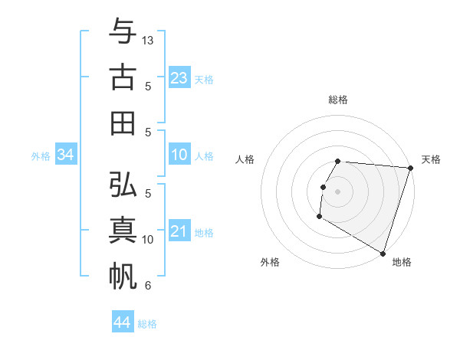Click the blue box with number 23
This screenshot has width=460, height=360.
point(179,77)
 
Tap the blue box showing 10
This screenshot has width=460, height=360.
point(179,155)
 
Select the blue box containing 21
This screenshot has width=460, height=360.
point(179,232)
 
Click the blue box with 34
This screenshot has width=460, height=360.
point(66,155)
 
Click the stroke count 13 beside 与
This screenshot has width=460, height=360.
point(148,39)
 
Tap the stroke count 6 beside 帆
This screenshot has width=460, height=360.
point(148,286)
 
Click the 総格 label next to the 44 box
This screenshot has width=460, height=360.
point(147,324)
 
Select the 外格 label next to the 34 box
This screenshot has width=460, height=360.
point(41,156)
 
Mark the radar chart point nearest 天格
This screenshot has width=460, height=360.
point(410,168)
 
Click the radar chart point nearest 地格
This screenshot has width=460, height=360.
point(383,253)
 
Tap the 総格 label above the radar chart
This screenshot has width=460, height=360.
point(337,100)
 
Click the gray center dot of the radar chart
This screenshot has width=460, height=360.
point(337,191)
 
